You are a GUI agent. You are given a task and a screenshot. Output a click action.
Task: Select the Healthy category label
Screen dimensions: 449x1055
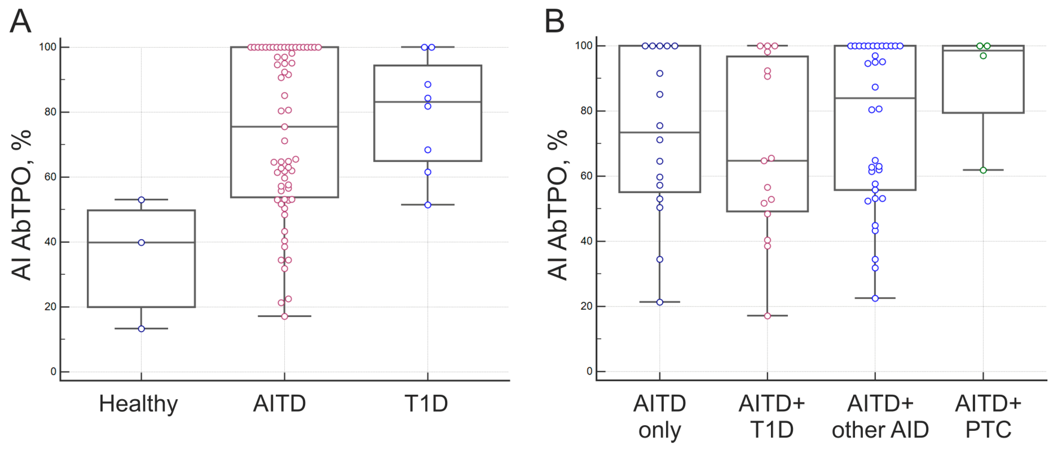(138, 404)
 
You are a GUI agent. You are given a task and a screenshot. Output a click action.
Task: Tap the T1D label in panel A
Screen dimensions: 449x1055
(426, 404)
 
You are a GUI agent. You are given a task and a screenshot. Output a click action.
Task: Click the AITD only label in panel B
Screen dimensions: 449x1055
(659, 417)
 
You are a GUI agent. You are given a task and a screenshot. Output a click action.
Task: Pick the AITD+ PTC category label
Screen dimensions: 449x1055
(988, 417)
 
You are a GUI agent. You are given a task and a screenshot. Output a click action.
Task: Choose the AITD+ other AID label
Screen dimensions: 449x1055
(880, 417)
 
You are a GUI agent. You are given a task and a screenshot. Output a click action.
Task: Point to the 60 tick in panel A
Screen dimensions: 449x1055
(50, 177)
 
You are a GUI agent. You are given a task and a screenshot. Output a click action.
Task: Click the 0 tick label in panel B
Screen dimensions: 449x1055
(589, 371)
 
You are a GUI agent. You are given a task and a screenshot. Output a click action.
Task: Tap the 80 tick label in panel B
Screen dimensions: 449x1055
(586, 111)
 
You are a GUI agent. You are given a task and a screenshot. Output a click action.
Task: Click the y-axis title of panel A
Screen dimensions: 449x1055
(21, 205)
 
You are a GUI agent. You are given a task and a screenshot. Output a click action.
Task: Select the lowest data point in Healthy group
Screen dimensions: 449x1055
(141, 329)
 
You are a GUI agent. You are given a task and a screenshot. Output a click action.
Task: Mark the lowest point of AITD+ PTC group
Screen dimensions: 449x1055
(983, 170)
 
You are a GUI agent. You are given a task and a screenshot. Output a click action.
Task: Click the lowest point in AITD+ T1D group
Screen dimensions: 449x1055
(767, 316)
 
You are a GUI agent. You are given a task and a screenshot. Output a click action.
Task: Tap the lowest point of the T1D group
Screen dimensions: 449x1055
(428, 205)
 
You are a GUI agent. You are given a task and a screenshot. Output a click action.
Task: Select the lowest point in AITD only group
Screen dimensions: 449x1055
(659, 302)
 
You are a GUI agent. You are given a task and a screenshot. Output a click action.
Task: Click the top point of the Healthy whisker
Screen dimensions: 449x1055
(141, 200)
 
